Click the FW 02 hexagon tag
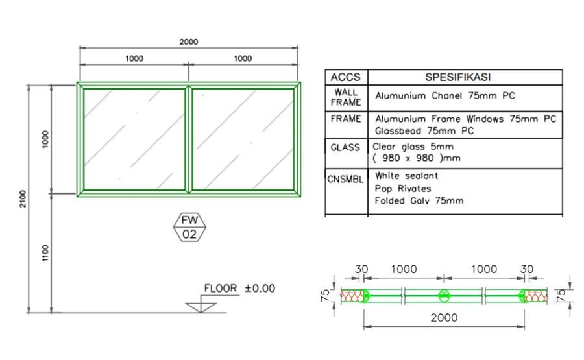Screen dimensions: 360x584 click(189, 228)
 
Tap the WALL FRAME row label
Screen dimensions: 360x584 click(346, 97)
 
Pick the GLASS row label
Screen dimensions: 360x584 click(345, 147)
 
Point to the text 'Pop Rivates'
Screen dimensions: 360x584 click(402, 189)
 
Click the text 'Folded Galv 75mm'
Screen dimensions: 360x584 click(419, 201)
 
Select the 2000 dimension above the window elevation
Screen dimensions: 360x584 click(189, 42)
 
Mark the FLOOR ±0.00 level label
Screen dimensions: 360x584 click(239, 288)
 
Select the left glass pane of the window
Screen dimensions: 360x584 click(133, 139)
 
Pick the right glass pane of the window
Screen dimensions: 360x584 click(243, 139)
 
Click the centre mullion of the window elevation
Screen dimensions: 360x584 click(188, 139)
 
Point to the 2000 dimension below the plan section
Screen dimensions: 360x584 click(444, 318)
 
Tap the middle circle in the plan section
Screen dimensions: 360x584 click(444, 296)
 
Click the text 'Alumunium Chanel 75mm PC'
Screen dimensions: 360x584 click(445, 96)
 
